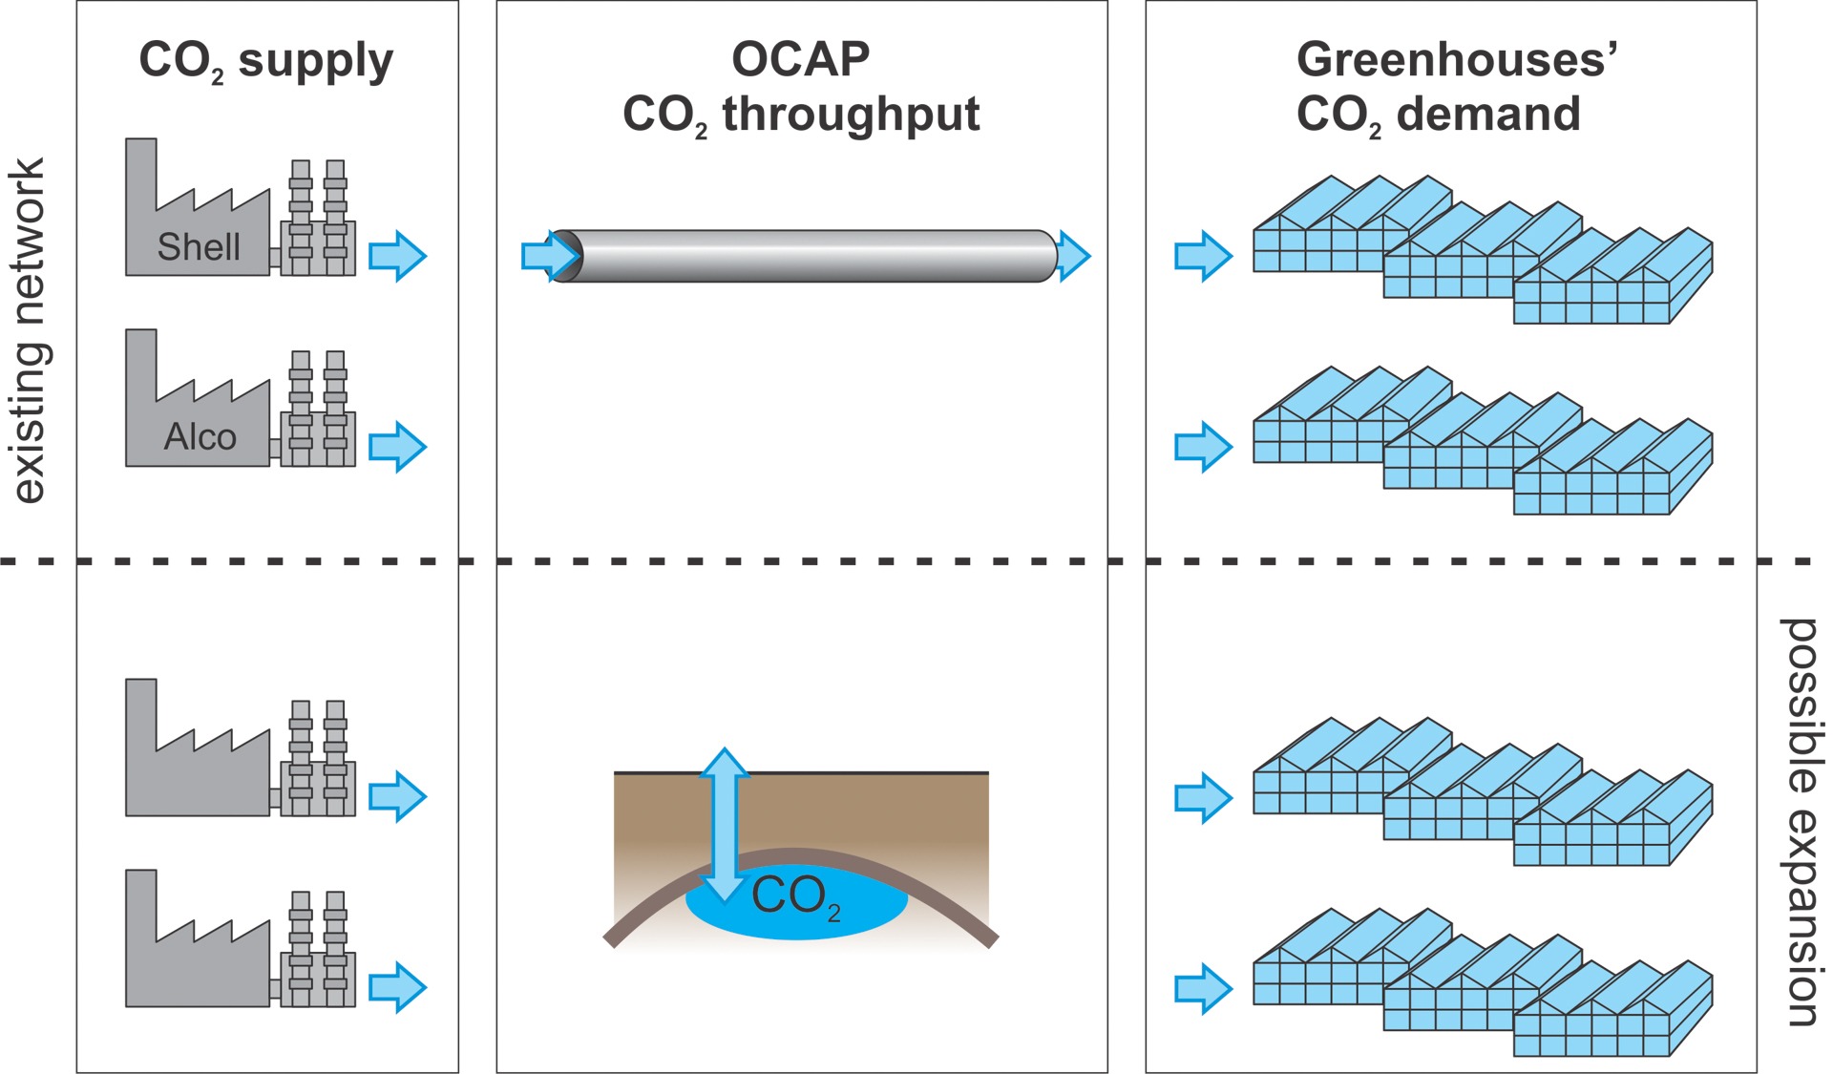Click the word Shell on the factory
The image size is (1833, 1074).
199,247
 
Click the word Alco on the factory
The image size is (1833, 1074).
200,437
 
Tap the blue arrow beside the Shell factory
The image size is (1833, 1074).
397,256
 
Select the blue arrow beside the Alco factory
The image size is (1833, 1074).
397,447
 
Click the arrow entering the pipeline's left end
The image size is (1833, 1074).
551,256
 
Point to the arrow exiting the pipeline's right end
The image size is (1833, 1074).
1074,256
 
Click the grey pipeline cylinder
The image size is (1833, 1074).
805,256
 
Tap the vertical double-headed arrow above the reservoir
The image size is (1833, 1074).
725,825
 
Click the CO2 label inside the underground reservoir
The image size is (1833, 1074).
796,897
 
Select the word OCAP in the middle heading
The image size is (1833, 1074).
801,59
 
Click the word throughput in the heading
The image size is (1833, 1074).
851,116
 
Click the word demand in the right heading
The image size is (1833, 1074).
1488,114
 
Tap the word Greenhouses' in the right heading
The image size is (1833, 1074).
1457,59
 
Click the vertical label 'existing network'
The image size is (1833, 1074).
28,330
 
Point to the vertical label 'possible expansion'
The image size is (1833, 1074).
1801,822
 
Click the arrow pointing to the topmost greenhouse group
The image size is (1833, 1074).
1203,256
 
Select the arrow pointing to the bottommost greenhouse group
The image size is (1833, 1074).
1203,988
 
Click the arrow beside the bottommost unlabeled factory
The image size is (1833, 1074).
397,988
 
